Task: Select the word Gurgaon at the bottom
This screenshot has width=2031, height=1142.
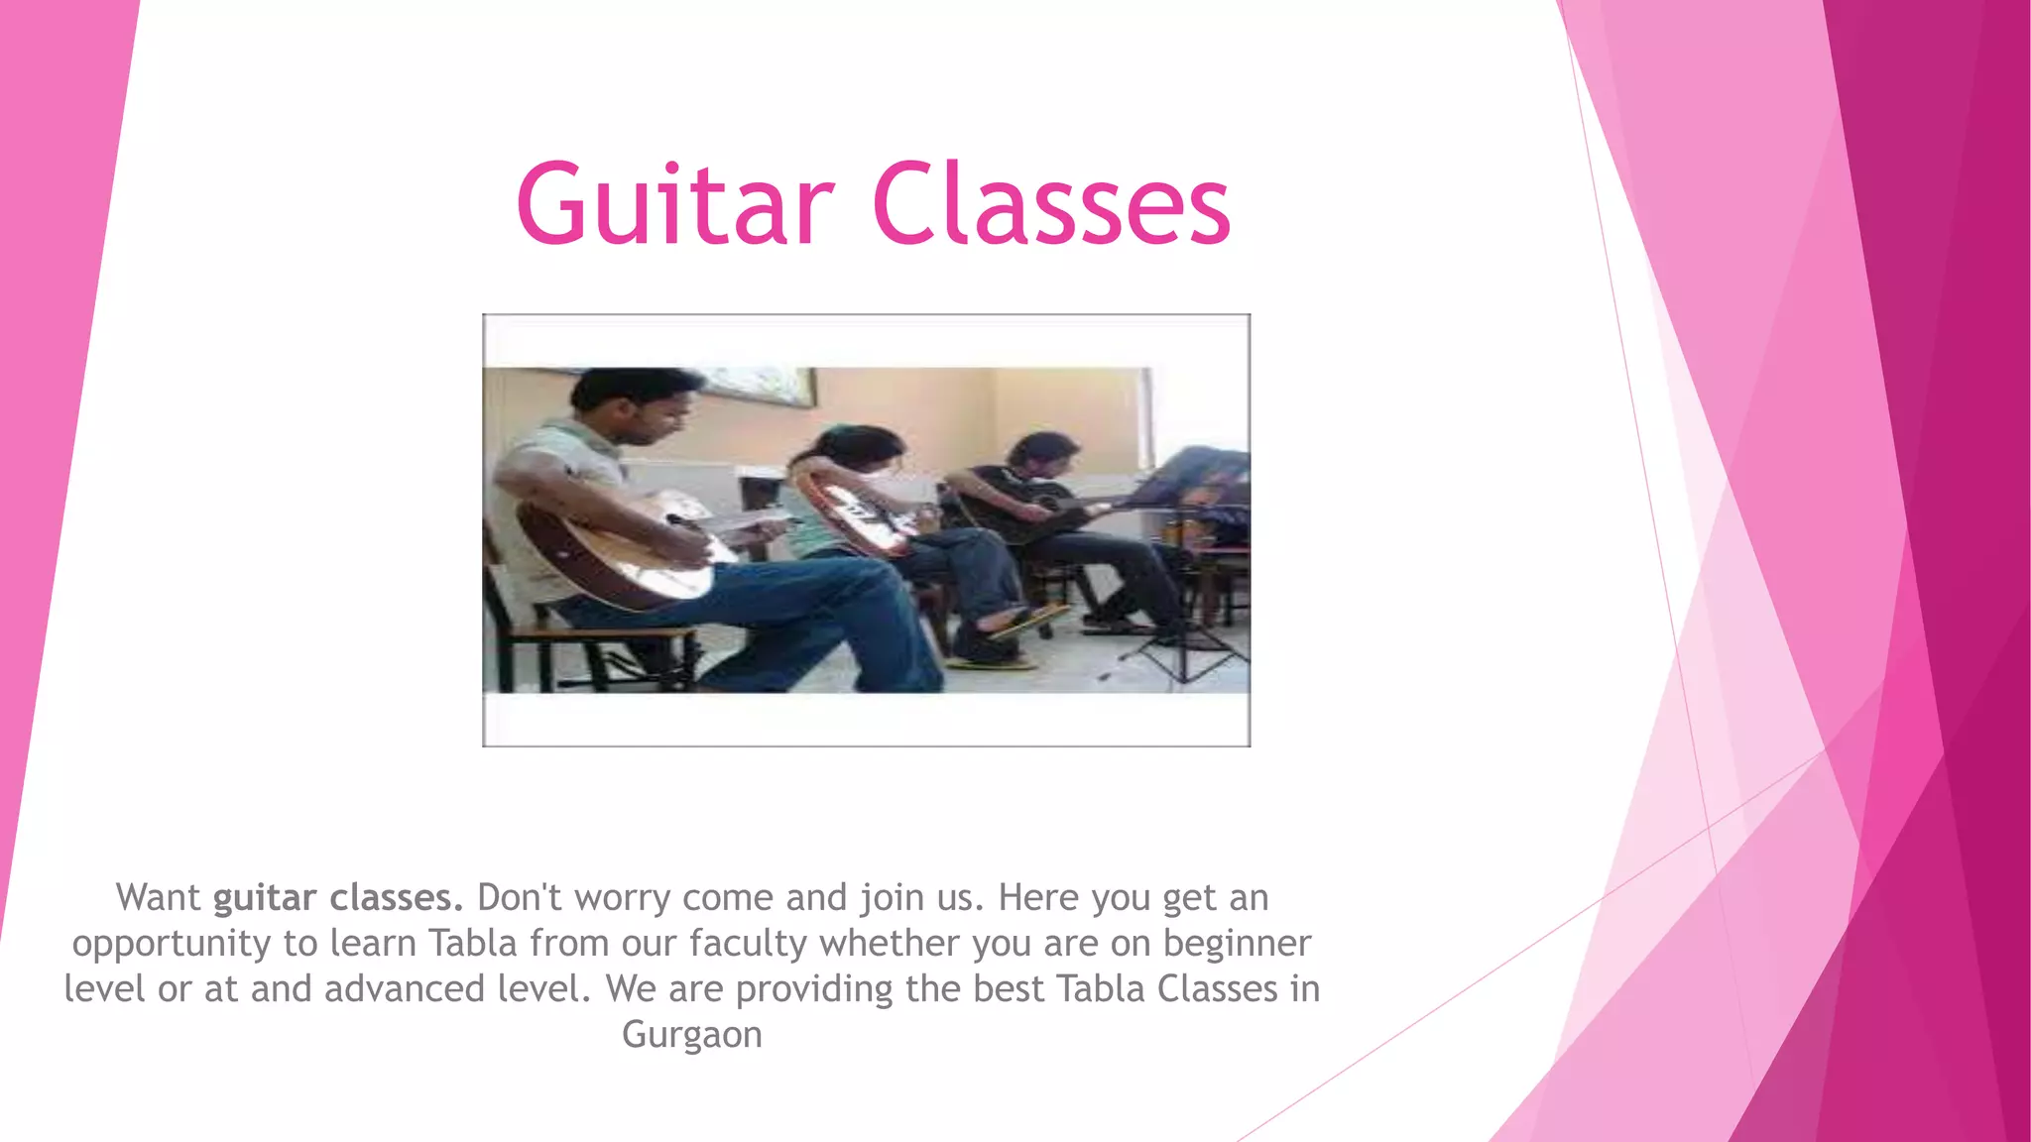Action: [x=692, y=1034]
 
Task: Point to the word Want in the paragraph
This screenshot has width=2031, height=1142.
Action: [x=159, y=897]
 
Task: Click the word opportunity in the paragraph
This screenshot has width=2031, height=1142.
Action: [x=171, y=944]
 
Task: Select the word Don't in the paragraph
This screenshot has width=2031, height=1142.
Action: [x=520, y=897]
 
